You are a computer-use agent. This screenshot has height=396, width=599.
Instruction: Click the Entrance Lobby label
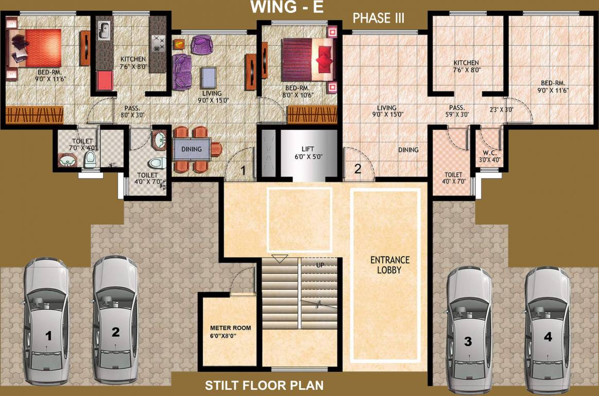point(389,265)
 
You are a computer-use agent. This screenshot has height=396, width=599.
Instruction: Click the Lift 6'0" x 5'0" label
point(307,153)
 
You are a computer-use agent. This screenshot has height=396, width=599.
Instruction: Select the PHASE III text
point(379,19)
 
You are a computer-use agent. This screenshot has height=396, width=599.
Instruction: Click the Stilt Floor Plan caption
point(264,385)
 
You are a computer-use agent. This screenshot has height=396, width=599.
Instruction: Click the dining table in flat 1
point(192,150)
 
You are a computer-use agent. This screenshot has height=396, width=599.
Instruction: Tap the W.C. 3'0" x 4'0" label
point(487,156)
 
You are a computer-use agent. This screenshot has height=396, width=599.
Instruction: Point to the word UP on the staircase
point(320,265)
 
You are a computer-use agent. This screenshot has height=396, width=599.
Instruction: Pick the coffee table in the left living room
point(209,78)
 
